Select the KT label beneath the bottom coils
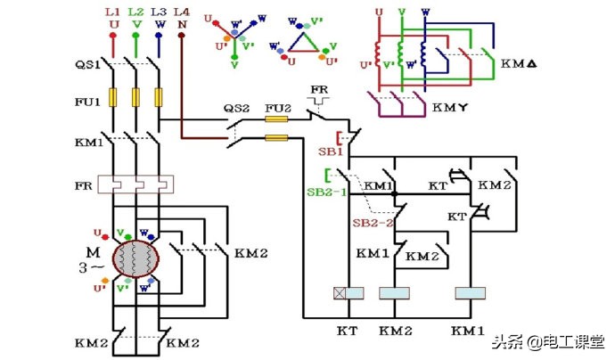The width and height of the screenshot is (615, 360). [348, 330]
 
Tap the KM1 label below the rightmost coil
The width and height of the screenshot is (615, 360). [469, 330]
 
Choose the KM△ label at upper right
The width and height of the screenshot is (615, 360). [516, 64]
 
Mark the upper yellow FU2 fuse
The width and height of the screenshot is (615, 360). [277, 119]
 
